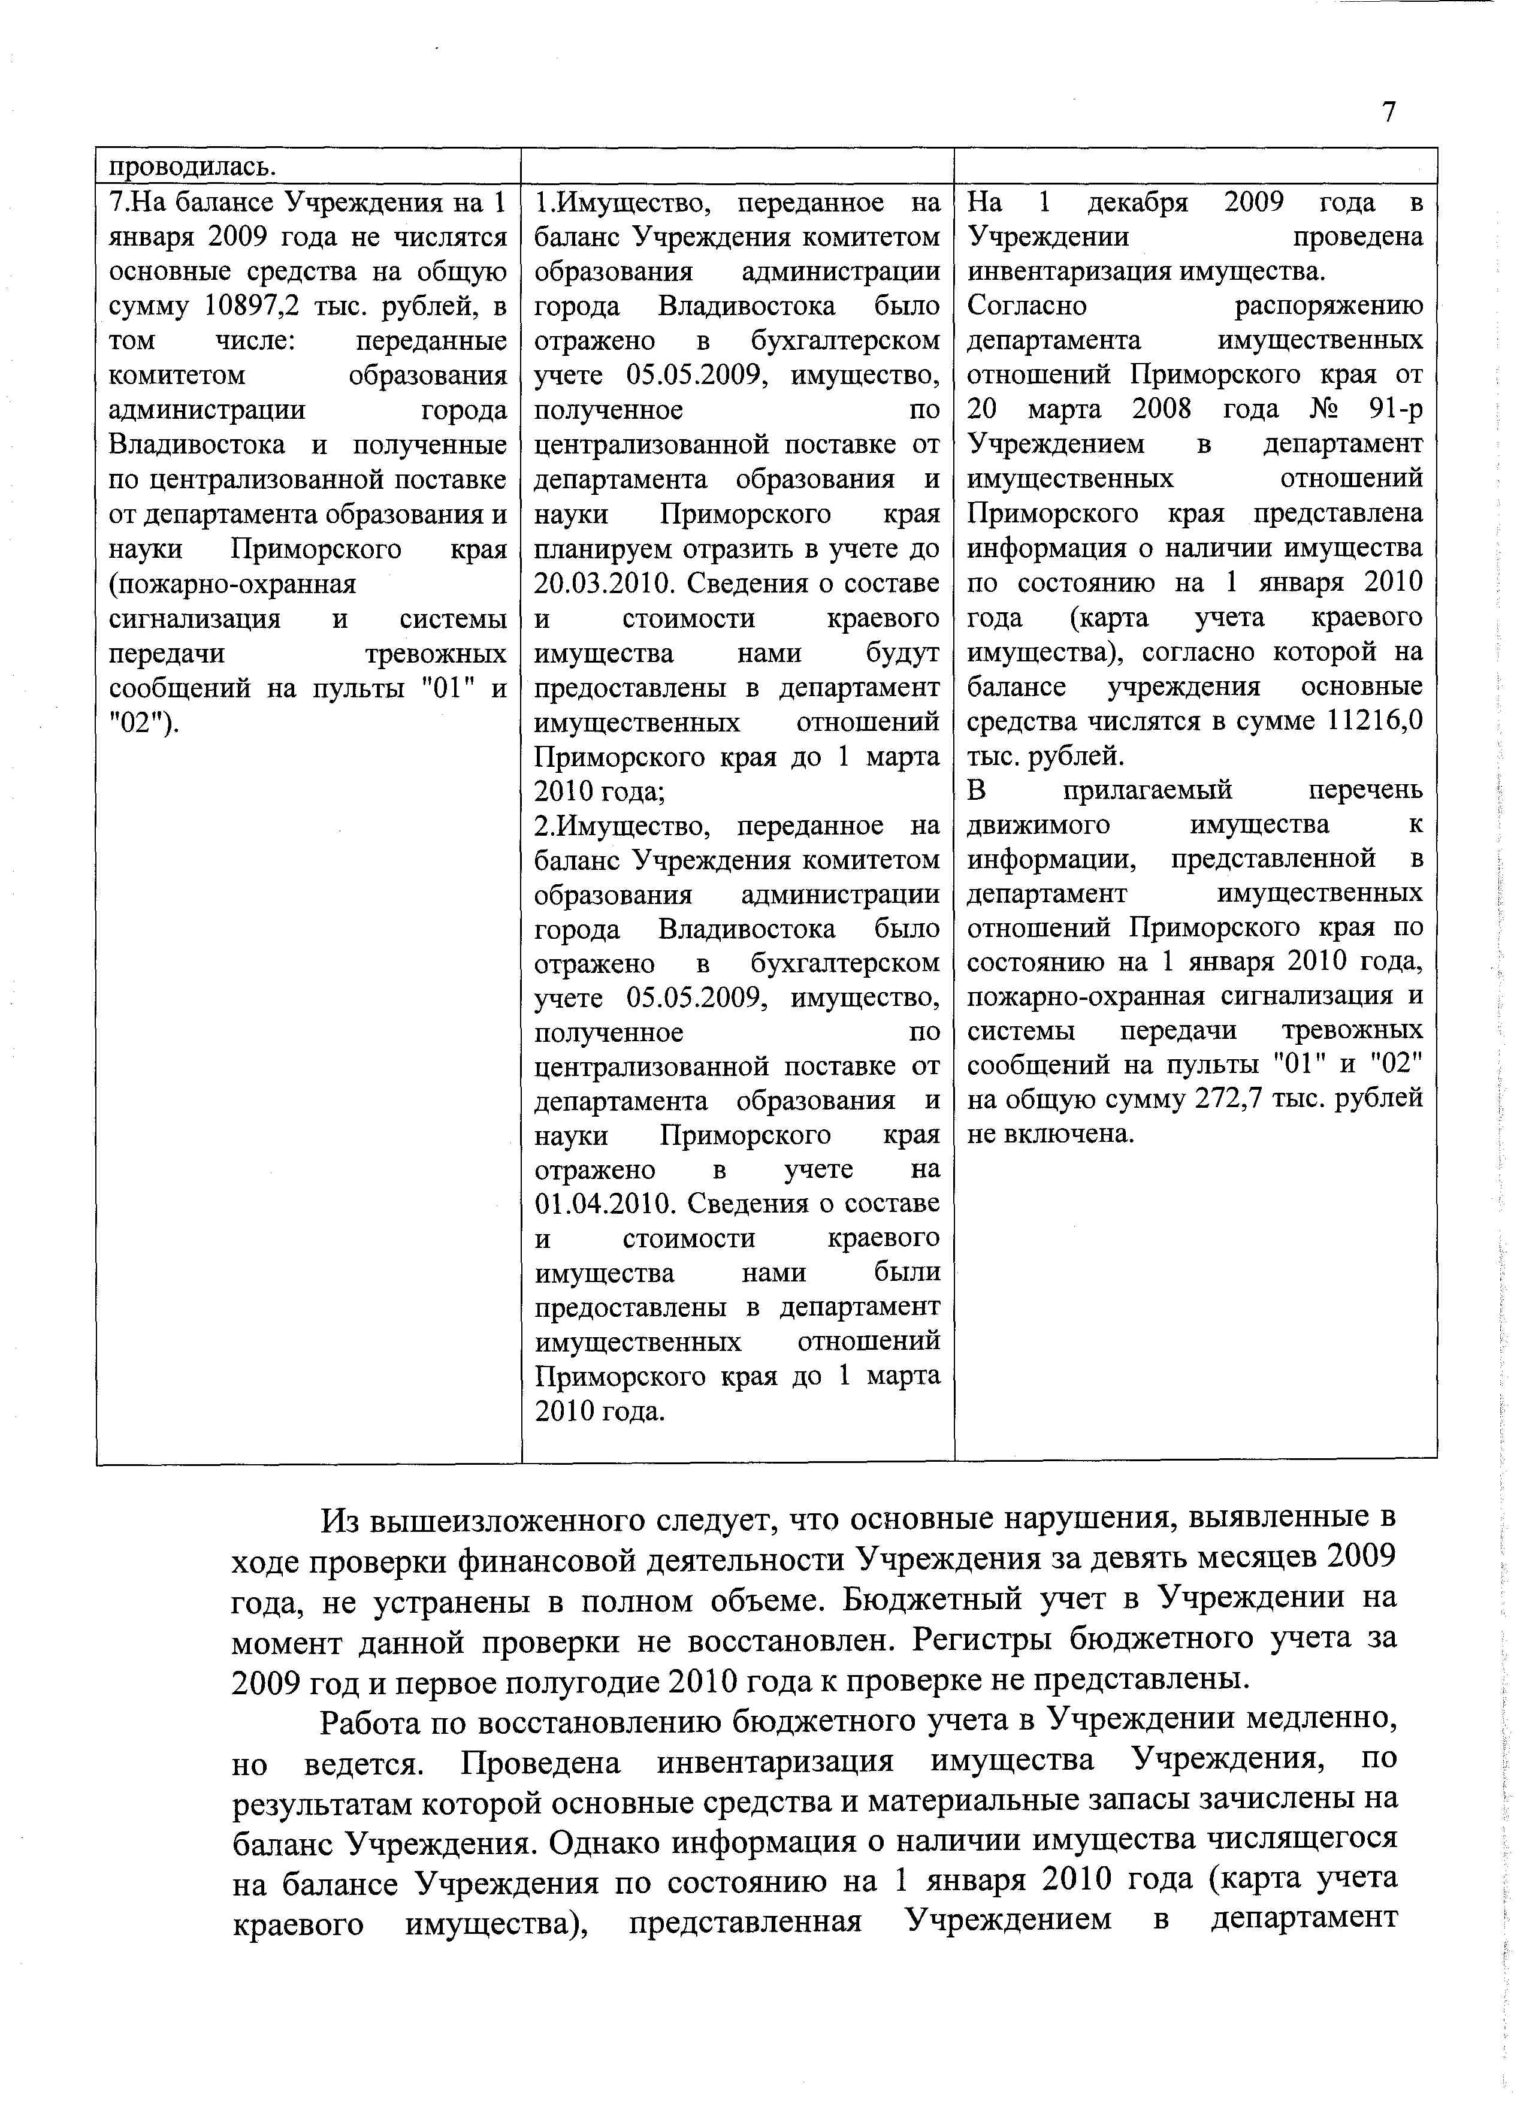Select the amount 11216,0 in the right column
click(1374, 721)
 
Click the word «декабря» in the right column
click(1138, 202)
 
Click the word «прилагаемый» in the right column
click(1147, 790)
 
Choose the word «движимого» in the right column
click(1038, 825)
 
